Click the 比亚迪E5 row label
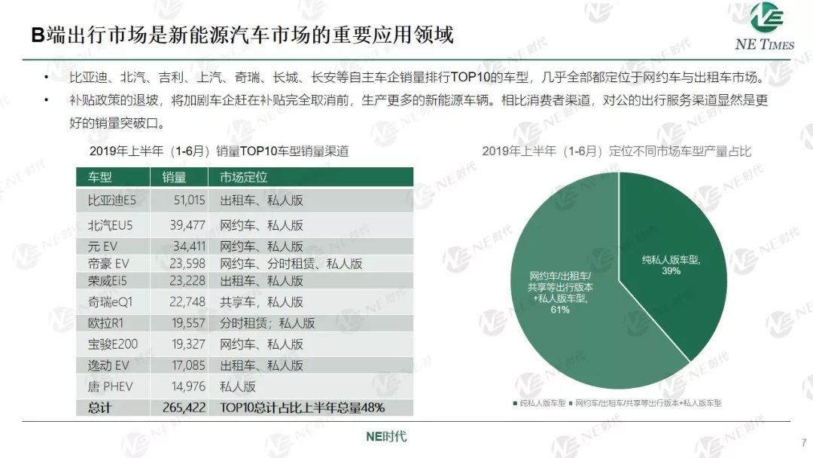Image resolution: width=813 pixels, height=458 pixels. [x=112, y=200]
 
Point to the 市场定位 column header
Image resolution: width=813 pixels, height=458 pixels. [x=243, y=177]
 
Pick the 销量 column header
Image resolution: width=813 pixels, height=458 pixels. [x=174, y=177]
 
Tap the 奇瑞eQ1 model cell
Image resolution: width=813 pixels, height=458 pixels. [x=111, y=302]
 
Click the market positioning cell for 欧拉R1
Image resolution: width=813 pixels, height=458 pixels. [x=267, y=323]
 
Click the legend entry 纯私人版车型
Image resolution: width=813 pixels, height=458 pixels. [x=542, y=403]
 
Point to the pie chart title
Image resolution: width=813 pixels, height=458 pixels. [x=617, y=151]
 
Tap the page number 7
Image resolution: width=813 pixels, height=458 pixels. [x=802, y=442]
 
